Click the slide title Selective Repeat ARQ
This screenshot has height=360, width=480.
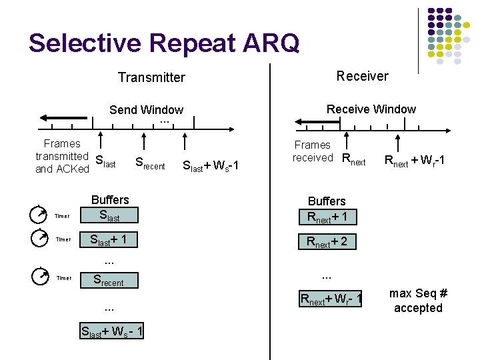pyautogui.click(x=164, y=43)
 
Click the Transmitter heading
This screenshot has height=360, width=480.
pyautogui.click(x=151, y=77)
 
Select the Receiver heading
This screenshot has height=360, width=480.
pyautogui.click(x=362, y=76)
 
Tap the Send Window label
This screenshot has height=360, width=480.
pyautogui.click(x=146, y=110)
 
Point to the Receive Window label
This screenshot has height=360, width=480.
pyautogui.click(x=371, y=109)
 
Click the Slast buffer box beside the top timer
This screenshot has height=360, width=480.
pyautogui.click(x=109, y=215)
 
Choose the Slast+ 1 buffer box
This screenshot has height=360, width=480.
pyautogui.click(x=109, y=239)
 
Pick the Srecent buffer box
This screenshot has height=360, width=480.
pyautogui.click(x=109, y=281)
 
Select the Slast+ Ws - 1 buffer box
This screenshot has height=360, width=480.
pyautogui.click(x=111, y=331)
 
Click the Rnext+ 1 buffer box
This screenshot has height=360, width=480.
pyautogui.click(x=327, y=216)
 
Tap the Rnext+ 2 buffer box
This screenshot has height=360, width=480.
pyautogui.click(x=327, y=241)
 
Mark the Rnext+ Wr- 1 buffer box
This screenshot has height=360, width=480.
pyautogui.click(x=331, y=300)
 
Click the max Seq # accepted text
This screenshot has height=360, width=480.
pyautogui.click(x=418, y=301)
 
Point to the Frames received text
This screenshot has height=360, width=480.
pyautogui.click(x=313, y=151)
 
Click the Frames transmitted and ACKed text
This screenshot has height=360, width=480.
pyautogui.click(x=62, y=156)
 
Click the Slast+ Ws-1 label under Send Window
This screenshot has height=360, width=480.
pyautogui.click(x=210, y=165)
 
